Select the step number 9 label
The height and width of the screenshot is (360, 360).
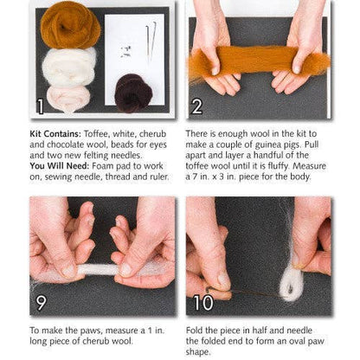[41, 303]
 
